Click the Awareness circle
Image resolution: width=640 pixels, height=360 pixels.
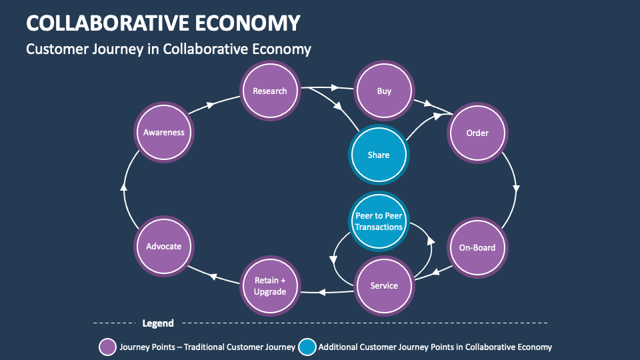tap(163, 132)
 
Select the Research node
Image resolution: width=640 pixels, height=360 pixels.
tap(269, 91)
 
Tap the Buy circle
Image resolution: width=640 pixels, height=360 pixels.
tap(384, 91)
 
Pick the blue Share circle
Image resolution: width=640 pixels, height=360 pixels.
tap(378, 155)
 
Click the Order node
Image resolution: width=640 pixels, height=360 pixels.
tap(477, 133)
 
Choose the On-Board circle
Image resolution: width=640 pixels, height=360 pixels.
tap(477, 247)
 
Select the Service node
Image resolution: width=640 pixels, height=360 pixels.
tap(384, 285)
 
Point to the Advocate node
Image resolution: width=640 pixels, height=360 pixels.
tap(163, 246)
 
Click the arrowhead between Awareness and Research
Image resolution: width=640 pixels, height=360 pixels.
tap(211, 105)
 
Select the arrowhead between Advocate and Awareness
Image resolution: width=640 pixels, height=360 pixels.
tap(123, 186)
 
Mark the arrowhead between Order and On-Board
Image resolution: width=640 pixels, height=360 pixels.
tap(516, 189)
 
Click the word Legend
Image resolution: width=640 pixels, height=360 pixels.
tap(158, 323)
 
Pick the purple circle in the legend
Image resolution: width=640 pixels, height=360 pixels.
tap(107, 347)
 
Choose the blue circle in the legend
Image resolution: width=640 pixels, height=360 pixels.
tap(307, 347)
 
